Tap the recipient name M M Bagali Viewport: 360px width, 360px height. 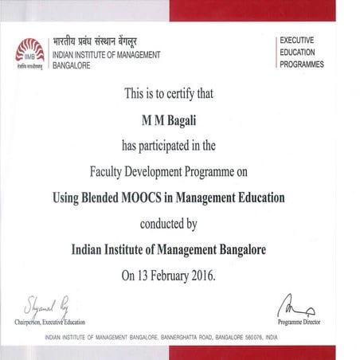point(180,120)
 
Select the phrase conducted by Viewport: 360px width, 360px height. point(179,224)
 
